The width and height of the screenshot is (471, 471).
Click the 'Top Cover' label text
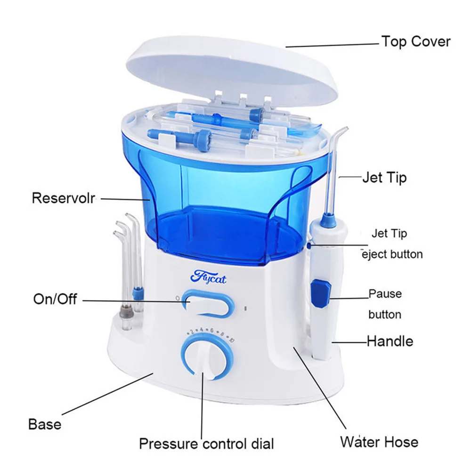[x=415, y=41]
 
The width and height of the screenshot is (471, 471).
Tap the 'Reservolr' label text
[x=64, y=198]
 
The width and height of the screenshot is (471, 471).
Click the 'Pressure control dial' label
[x=206, y=443]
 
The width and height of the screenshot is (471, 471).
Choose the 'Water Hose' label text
[x=379, y=442]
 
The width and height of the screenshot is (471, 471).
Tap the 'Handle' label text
[x=390, y=341]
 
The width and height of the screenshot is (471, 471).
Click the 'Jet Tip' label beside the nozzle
[x=384, y=178]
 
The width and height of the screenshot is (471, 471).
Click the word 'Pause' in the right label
[x=385, y=293]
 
